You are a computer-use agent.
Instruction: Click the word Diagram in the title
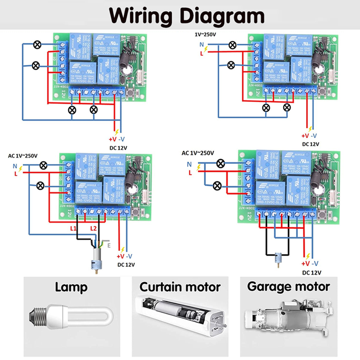(x=223, y=15)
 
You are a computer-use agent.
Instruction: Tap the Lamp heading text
(x=71, y=288)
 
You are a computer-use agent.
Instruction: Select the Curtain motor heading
(x=180, y=287)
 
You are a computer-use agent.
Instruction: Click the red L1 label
(x=73, y=228)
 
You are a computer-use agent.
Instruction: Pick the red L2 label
(x=94, y=228)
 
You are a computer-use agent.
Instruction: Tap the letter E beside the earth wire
(x=109, y=246)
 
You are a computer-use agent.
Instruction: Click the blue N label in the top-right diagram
(x=202, y=44)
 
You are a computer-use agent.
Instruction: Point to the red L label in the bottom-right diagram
(x=190, y=172)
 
